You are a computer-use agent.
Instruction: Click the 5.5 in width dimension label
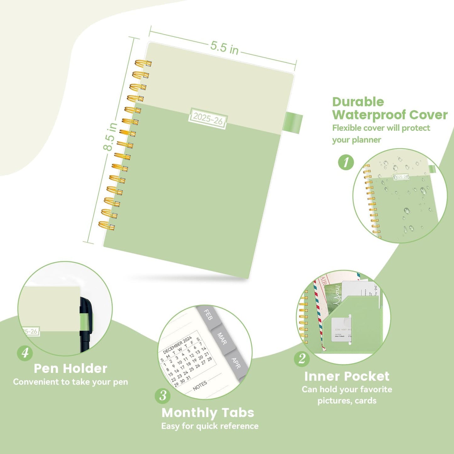click(x=224, y=47)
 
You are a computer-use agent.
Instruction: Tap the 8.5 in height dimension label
click(x=110, y=137)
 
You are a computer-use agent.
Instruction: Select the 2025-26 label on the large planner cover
click(x=208, y=118)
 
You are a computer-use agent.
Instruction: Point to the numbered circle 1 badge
click(x=346, y=162)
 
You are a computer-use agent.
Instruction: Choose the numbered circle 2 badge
click(x=302, y=358)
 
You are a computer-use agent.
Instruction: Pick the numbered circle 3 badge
click(x=163, y=396)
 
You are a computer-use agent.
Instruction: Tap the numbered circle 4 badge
click(x=25, y=353)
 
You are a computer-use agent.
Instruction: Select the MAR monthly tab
click(x=222, y=339)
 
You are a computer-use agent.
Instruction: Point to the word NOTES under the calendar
click(x=200, y=386)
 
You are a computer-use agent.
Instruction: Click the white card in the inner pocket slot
click(x=341, y=330)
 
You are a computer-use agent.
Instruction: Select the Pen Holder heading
click(x=70, y=369)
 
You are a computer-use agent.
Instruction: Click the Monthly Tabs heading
click(x=208, y=413)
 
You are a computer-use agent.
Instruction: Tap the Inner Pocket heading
click(x=347, y=376)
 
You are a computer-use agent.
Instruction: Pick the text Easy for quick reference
click(x=210, y=426)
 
